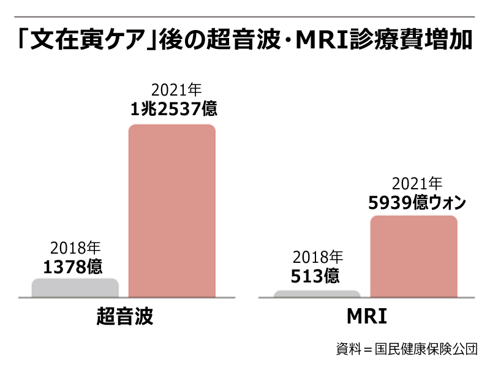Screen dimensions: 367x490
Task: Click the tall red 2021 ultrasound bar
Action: (x=171, y=211)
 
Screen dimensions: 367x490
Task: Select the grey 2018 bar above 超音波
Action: (x=75, y=287)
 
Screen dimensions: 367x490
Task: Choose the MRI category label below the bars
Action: (x=367, y=317)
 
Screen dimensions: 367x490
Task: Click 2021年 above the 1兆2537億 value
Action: (x=173, y=92)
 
